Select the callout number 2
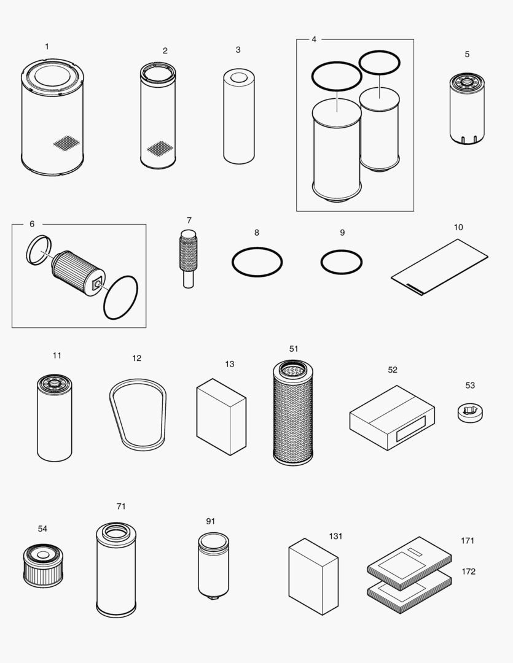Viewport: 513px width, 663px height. click(165, 51)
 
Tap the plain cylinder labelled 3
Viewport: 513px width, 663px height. click(238, 117)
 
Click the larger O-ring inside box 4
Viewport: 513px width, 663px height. click(336, 76)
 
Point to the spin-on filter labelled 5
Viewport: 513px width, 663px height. click(467, 108)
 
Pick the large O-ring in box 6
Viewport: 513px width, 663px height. click(120, 297)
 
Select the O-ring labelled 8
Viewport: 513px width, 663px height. click(257, 263)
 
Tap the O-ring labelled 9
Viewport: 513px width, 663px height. click(342, 262)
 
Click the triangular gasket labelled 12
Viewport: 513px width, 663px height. click(138, 414)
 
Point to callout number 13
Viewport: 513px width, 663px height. click(229, 364)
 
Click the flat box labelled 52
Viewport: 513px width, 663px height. click(392, 417)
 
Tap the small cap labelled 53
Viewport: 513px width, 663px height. click(469, 413)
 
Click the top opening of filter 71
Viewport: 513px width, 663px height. click(116, 532)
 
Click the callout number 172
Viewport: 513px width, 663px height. click(468, 572)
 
